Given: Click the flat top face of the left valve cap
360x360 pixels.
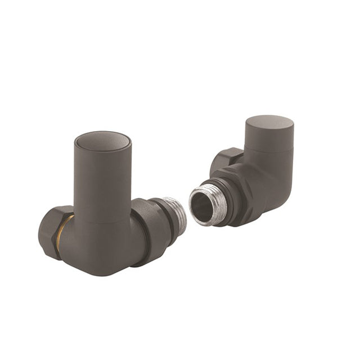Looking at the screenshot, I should point(103,141).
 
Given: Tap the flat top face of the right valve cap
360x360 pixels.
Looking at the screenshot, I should point(269,123).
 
